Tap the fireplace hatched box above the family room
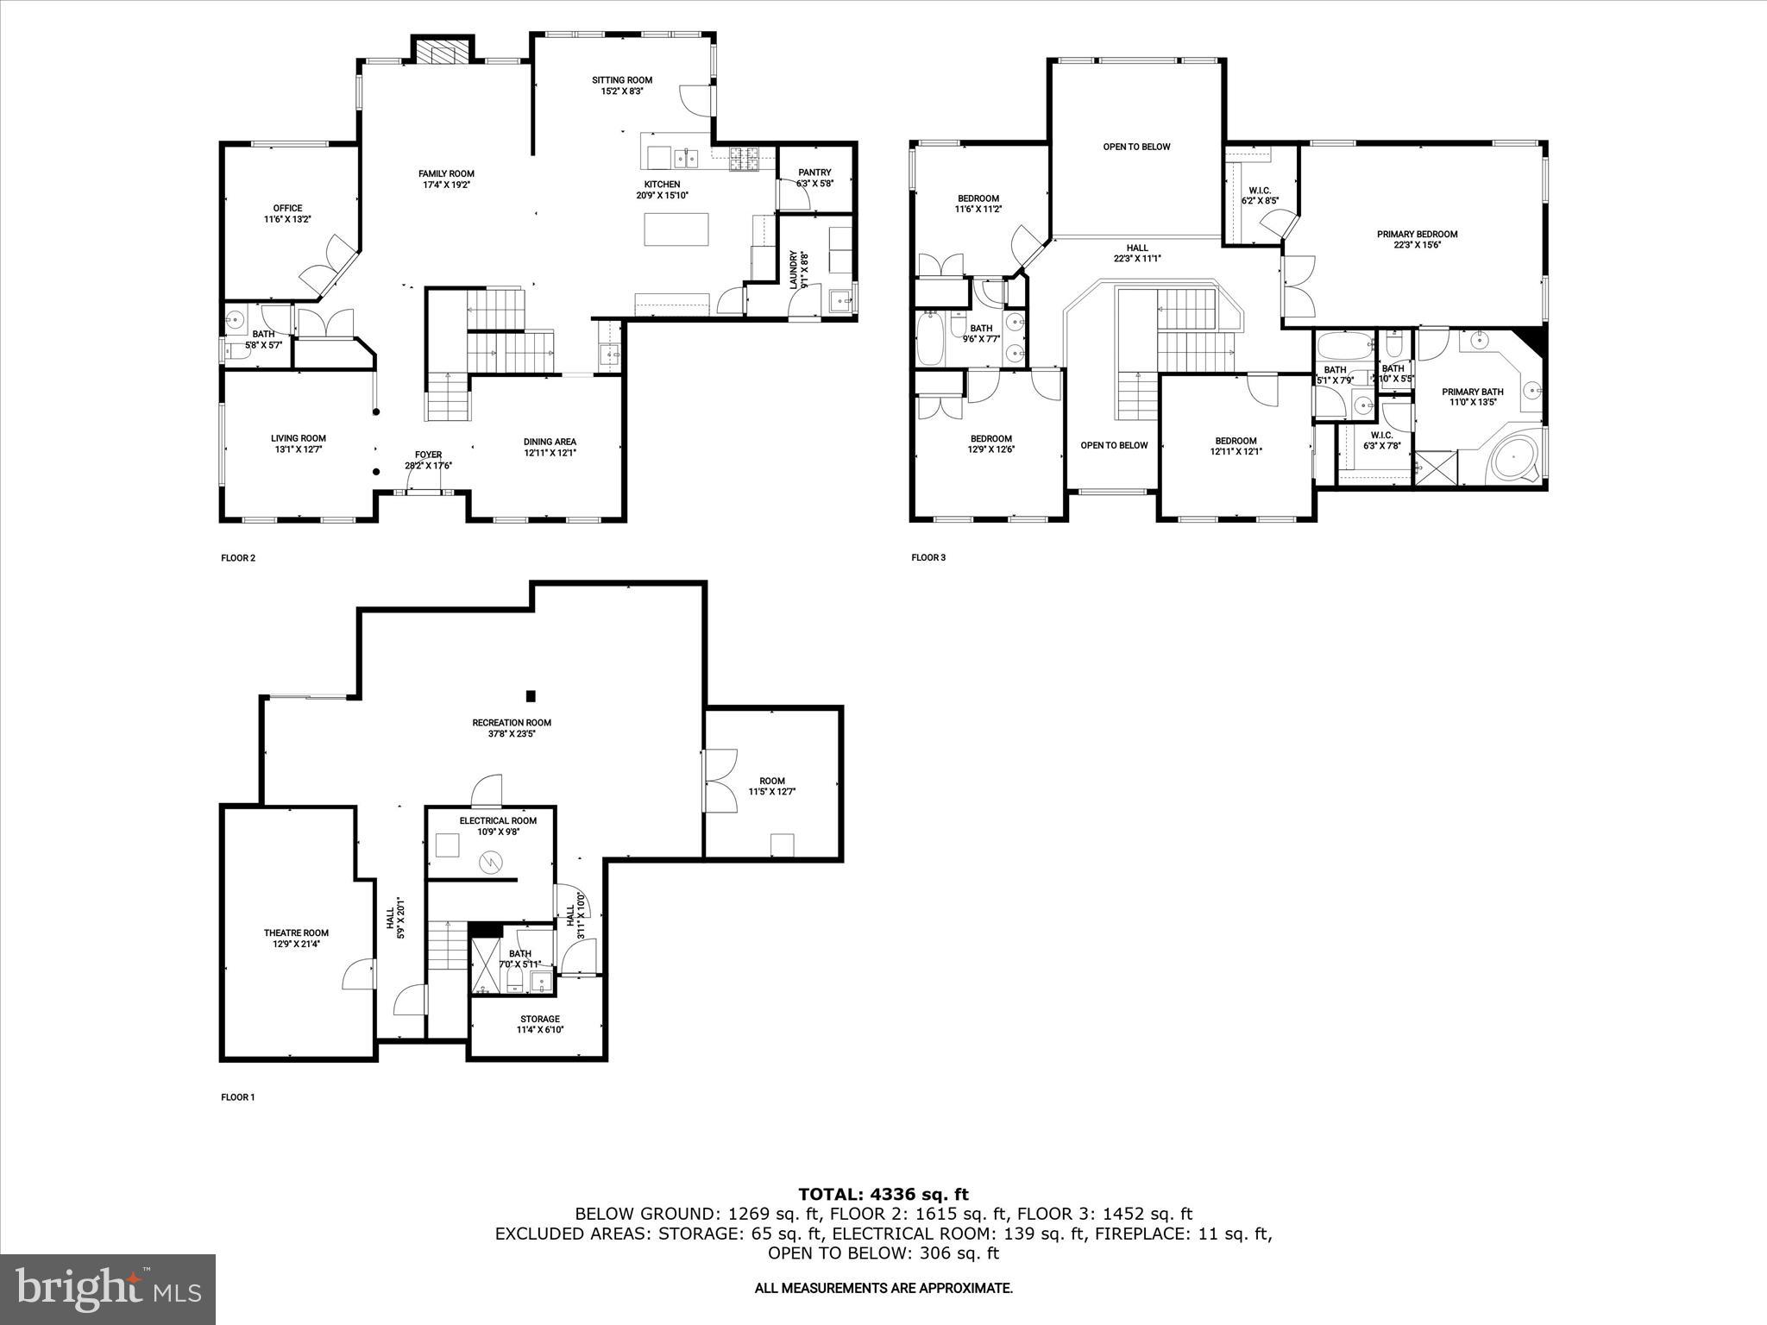coord(443,53)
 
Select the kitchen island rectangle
coord(677,229)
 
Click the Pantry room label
coord(814,173)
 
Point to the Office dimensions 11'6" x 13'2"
coord(287,219)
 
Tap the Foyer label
coord(428,455)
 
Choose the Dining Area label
coord(550,442)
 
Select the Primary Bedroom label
coord(1417,234)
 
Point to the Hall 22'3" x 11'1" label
coord(1137,253)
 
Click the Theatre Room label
coord(296,933)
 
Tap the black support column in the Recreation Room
coord(531,696)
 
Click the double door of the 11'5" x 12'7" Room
coord(720,780)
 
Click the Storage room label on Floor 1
coord(539,1019)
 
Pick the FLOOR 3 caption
coord(928,557)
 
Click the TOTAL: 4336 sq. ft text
coord(883,1194)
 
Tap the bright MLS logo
coord(108,1290)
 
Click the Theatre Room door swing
coord(358,976)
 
